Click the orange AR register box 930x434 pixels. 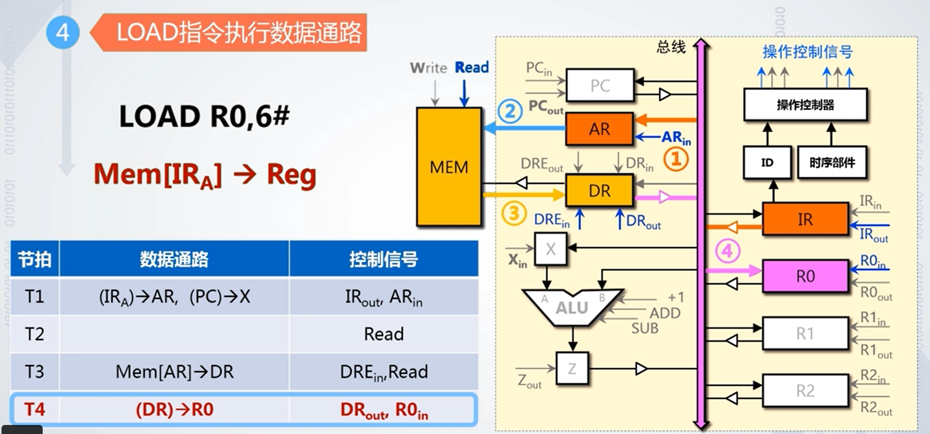(599, 129)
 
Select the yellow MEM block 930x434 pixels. (449, 167)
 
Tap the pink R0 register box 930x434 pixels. (805, 276)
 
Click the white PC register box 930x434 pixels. (600, 85)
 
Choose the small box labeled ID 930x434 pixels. (767, 162)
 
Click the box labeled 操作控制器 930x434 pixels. (805, 104)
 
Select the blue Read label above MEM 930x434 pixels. (472, 67)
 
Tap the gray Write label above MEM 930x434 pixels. (428, 68)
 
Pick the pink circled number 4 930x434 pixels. (727, 250)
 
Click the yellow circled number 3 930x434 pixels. (514, 213)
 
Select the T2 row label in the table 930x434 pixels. (35, 334)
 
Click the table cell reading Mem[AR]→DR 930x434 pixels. (174, 372)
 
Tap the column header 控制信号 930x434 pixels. (383, 259)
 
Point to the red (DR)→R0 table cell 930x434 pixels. (174, 409)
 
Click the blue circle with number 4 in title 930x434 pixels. (62, 33)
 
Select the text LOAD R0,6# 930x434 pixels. (204, 117)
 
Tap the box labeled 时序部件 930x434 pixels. (832, 162)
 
